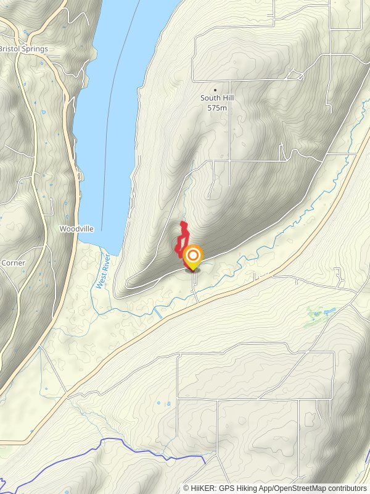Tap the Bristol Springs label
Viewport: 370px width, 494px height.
(x=23, y=49)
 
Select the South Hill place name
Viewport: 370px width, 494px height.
(x=215, y=98)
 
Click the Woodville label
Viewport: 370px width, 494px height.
(x=76, y=228)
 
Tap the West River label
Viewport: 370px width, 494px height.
(x=102, y=272)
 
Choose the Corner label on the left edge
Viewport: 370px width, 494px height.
(x=14, y=262)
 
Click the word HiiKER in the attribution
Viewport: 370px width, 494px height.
(x=202, y=488)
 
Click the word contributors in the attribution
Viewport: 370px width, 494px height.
(x=349, y=488)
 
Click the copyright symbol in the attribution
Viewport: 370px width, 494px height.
(x=186, y=488)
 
